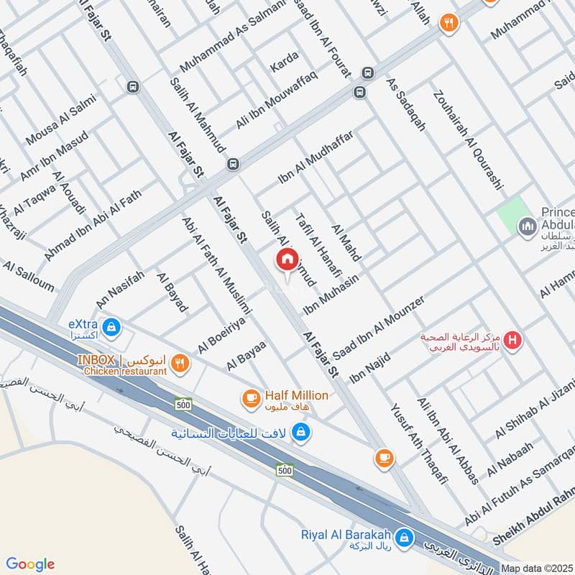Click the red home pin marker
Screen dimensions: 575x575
[287, 259]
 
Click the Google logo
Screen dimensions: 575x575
[31, 564]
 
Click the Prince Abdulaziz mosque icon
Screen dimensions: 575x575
[529, 226]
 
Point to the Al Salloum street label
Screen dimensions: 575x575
[28, 276]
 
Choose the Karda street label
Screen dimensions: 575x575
[283, 65]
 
